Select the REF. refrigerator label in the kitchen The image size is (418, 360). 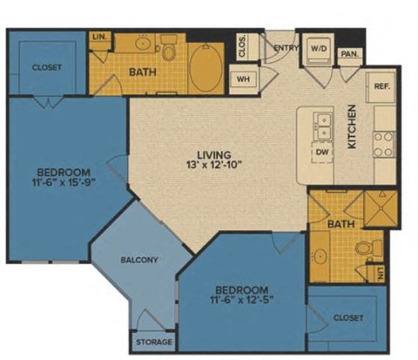[382, 87]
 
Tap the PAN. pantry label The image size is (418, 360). [350, 53]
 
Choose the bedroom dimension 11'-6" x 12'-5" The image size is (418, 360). [242, 301]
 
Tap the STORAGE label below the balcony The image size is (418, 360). [153, 342]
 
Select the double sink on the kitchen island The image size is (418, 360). [321, 126]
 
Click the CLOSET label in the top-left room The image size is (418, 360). [46, 67]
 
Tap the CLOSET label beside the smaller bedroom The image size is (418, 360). [349, 319]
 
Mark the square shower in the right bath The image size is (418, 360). [379, 210]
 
